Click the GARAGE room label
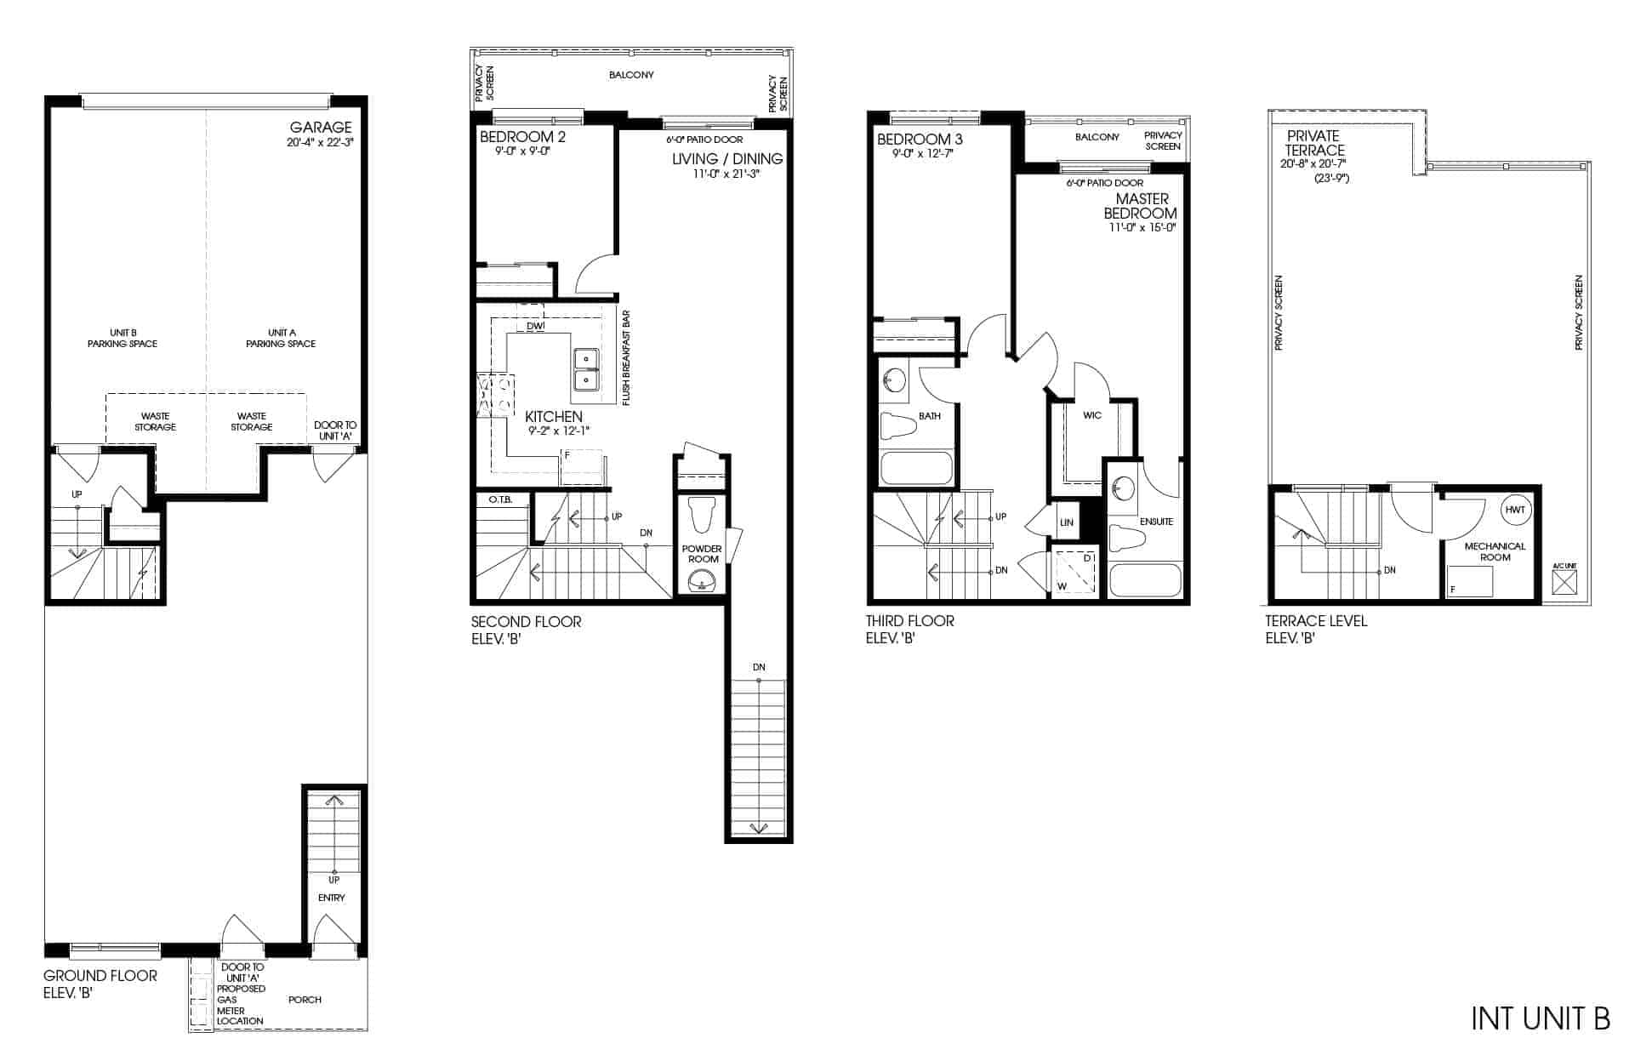(320, 128)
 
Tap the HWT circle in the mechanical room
(1515, 510)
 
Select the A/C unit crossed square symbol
(1564, 583)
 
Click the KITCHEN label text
(554, 417)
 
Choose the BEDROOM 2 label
(522, 137)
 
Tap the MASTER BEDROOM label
(1141, 206)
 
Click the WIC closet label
(1092, 415)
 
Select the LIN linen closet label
(1067, 522)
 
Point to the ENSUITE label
(1156, 522)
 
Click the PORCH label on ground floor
(305, 1000)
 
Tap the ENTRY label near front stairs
(332, 898)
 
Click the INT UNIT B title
(1541, 1018)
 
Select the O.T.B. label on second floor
(500, 499)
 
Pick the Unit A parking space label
(281, 339)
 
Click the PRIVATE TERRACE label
(1314, 143)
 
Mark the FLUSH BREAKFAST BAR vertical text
(626, 358)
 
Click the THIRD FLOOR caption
(910, 621)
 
